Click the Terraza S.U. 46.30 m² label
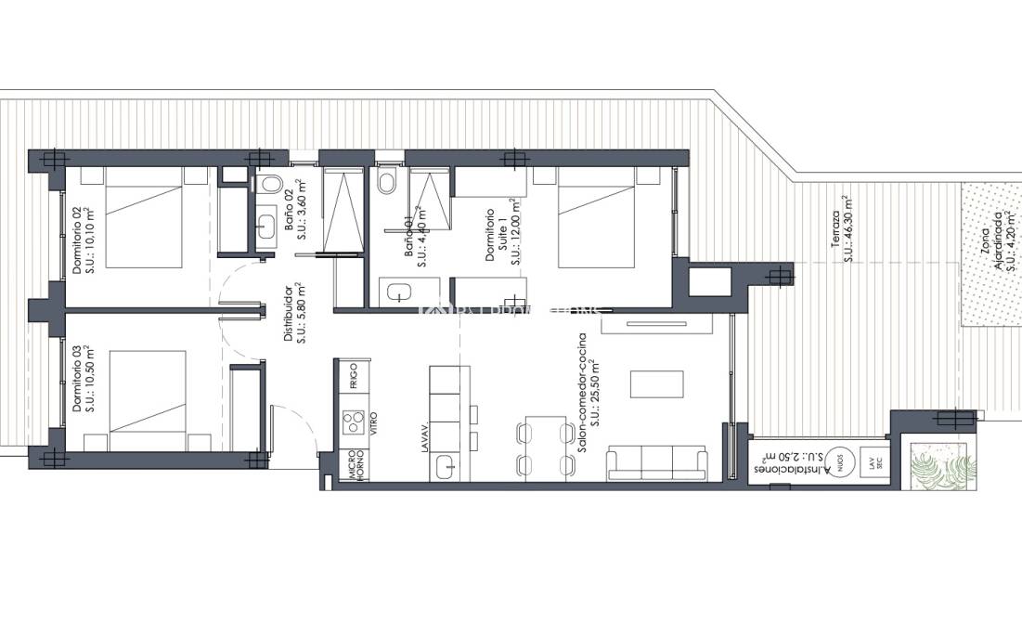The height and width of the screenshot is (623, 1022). (842, 227)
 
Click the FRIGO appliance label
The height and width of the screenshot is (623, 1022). (354, 378)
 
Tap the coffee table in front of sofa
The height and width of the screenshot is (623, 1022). (657, 383)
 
